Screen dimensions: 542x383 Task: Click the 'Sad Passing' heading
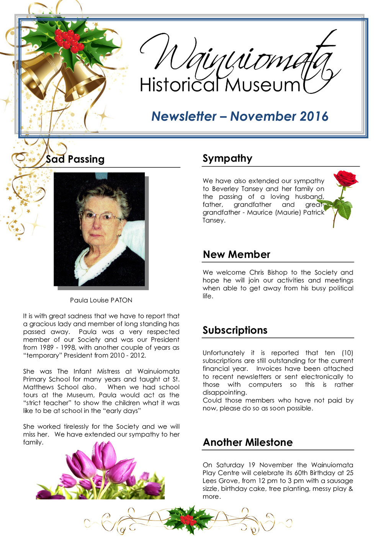(75, 159)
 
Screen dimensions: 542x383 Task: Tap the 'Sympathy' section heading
(227, 159)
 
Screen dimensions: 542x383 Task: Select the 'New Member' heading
(236, 255)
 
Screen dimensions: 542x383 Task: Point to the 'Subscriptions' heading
(235, 330)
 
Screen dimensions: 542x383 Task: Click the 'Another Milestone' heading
(247, 442)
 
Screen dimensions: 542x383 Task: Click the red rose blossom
(345, 178)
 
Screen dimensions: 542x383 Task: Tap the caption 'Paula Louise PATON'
(101, 300)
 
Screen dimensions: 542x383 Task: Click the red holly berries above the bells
(68, 41)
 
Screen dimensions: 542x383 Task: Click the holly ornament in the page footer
(188, 519)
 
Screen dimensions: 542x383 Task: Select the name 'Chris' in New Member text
(256, 273)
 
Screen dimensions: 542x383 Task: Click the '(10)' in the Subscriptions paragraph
(347, 353)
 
